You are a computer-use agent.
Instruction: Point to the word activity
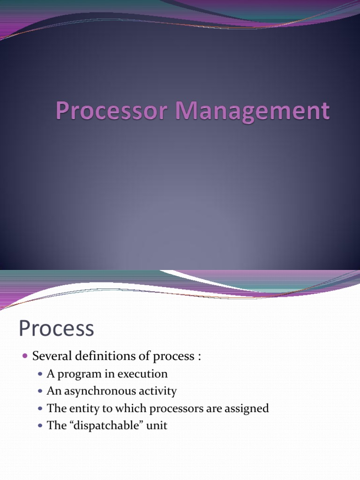click(x=160, y=391)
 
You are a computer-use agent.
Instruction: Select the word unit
click(x=158, y=426)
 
